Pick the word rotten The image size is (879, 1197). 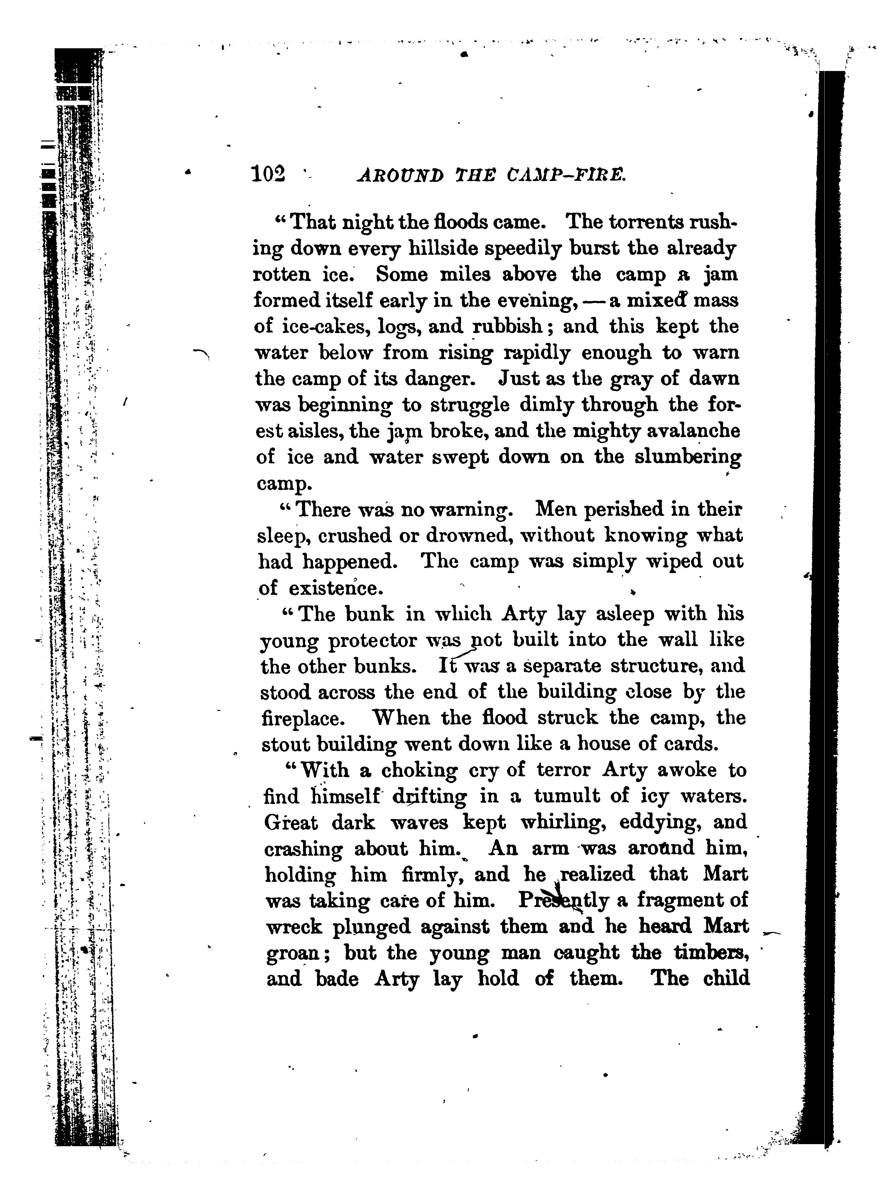click(x=281, y=275)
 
